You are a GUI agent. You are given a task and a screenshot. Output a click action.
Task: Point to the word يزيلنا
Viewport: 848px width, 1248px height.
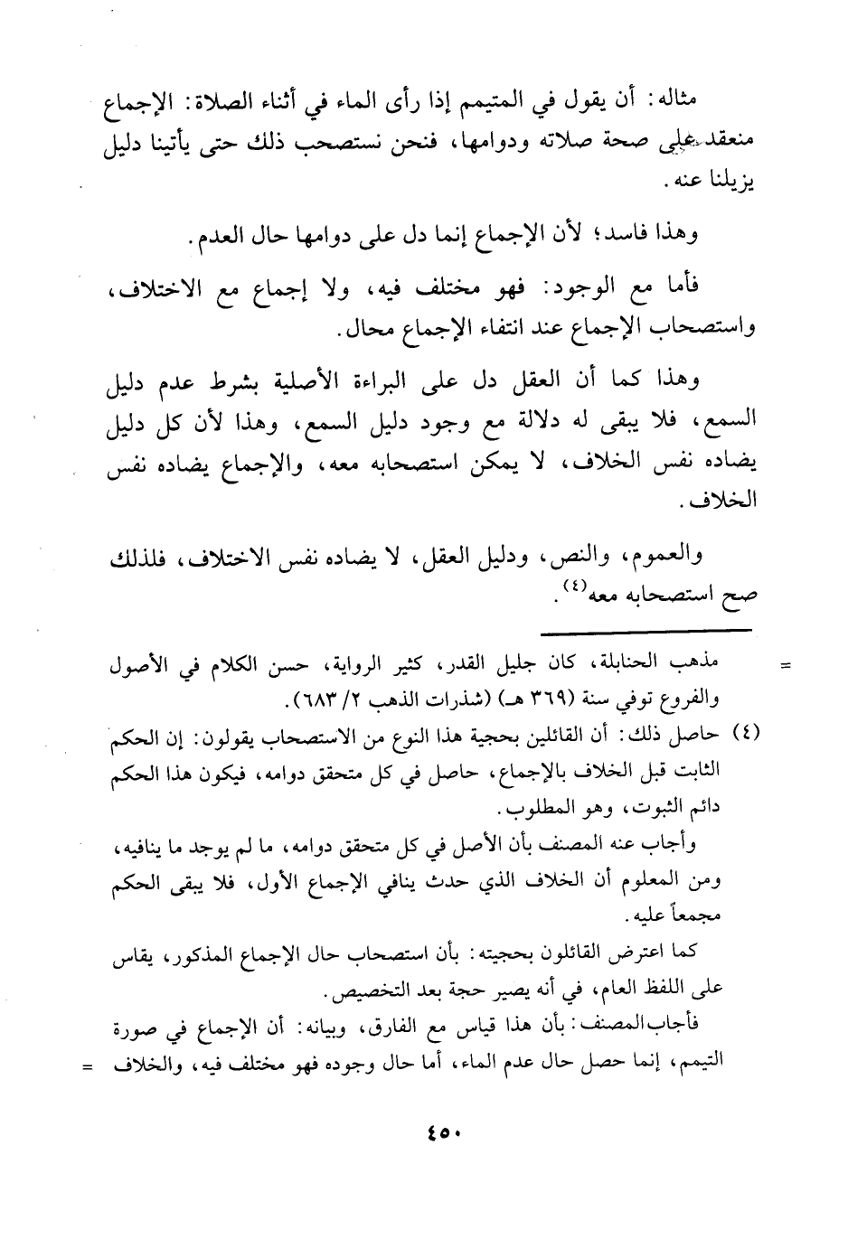(729, 184)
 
